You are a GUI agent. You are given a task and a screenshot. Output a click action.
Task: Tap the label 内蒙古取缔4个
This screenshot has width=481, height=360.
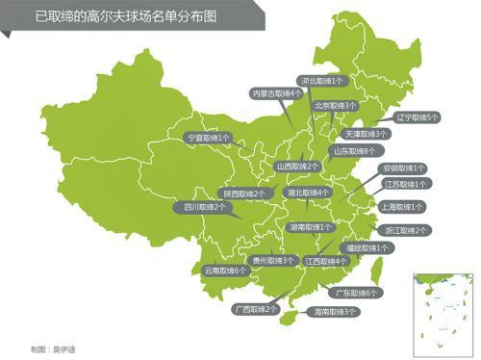coord(275,93)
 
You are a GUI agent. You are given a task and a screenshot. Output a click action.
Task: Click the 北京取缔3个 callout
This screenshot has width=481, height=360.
coord(334,105)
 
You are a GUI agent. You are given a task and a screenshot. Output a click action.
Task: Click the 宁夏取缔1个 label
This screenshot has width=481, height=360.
coord(208,138)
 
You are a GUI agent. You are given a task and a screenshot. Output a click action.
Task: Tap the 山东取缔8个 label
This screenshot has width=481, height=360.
coord(353,151)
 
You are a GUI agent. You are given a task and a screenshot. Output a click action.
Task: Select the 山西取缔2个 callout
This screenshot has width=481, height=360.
coord(298,166)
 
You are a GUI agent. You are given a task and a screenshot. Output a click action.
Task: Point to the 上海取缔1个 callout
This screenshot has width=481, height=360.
coord(402,207)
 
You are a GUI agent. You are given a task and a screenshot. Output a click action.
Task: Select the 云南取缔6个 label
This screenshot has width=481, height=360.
coord(225,270)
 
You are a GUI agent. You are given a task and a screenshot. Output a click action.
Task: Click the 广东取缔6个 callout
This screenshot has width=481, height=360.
coord(355,292)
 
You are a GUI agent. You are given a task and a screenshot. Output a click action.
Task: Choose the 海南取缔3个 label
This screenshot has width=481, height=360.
coord(331,312)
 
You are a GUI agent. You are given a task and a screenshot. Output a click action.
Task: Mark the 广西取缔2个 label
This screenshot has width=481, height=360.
coord(255,309)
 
